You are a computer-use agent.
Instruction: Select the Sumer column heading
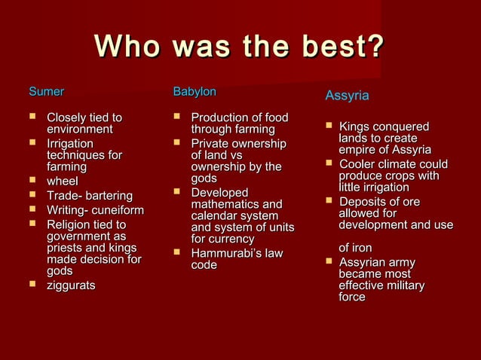(x=46, y=92)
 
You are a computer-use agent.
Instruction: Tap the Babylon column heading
(x=195, y=92)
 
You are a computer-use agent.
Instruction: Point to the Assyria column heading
(x=347, y=96)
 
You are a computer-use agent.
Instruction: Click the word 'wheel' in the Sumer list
(x=63, y=181)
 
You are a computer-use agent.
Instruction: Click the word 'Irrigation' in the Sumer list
(x=70, y=143)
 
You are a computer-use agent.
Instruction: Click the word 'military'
(x=400, y=285)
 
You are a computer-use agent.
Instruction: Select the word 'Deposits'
(x=363, y=202)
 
